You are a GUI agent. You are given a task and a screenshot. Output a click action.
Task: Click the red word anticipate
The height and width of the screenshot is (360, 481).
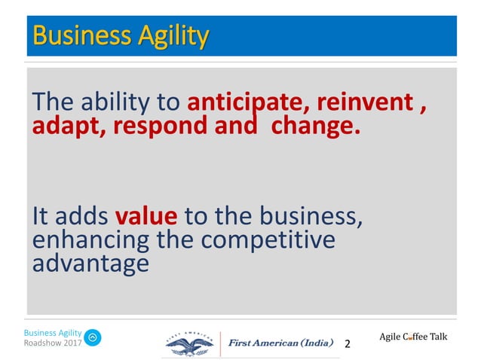click(249, 102)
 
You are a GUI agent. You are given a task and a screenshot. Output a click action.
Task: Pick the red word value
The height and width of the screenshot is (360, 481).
click(146, 217)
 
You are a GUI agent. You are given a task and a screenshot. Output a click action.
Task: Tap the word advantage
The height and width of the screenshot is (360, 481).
click(90, 264)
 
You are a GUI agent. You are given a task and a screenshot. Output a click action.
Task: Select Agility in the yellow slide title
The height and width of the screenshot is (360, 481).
click(167, 35)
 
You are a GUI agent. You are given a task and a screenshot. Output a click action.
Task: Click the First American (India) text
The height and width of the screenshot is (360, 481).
click(281, 343)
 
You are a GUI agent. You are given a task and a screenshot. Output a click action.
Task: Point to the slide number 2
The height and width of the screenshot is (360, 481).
click(348, 344)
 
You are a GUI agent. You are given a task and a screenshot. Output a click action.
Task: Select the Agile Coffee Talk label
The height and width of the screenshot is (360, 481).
click(413, 336)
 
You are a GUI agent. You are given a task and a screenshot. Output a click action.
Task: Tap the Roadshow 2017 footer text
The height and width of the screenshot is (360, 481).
click(53, 343)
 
